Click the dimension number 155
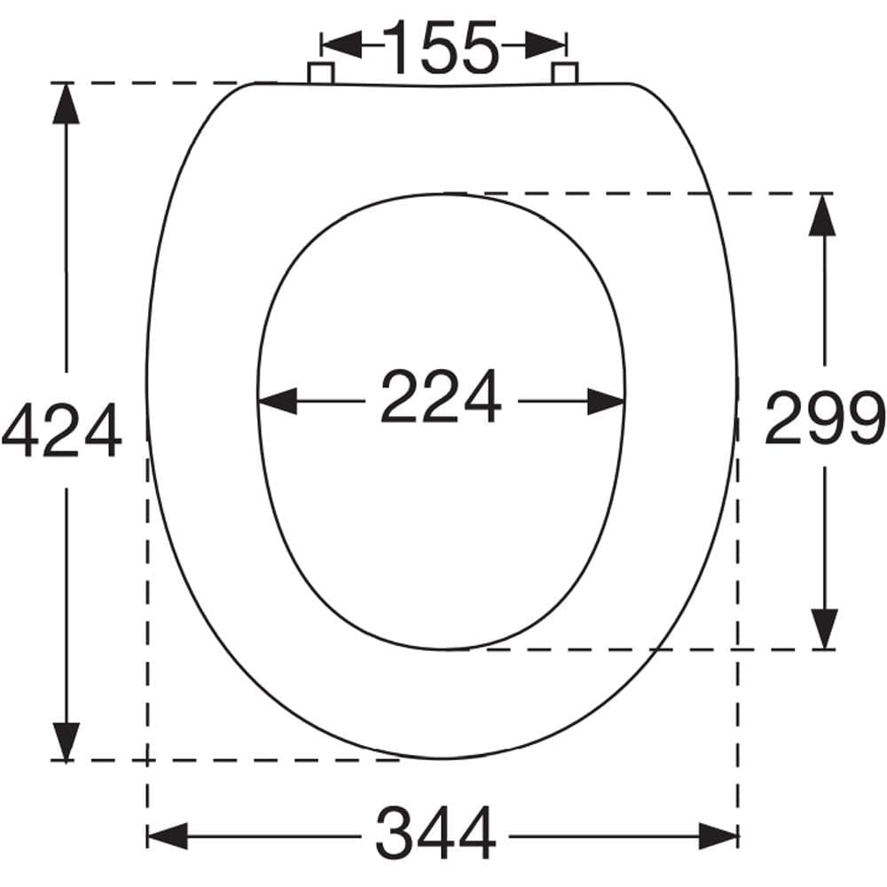pyautogui.click(x=441, y=46)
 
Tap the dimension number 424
pyautogui.click(x=61, y=430)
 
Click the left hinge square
pyautogui.click(x=321, y=74)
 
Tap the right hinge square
pyautogui.click(x=564, y=74)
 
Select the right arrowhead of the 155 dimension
pyautogui.click(x=546, y=44)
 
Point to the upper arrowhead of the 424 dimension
pyautogui.click(x=67, y=104)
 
